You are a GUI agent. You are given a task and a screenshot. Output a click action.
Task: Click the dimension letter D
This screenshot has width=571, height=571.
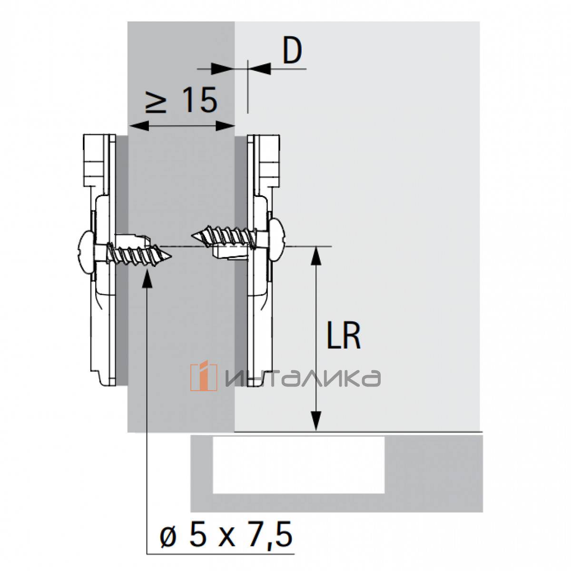tap(292, 51)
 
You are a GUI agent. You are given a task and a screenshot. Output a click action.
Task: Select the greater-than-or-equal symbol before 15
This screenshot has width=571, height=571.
tap(156, 101)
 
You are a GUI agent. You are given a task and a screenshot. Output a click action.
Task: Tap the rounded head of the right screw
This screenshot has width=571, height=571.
tap(277, 235)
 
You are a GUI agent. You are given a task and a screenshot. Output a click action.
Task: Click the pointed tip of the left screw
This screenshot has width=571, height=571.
tap(171, 256)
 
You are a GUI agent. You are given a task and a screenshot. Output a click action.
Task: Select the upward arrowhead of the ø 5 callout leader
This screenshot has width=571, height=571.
tap(147, 278)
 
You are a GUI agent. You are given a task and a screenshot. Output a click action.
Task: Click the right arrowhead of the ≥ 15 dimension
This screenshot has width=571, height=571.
tap(225, 126)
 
